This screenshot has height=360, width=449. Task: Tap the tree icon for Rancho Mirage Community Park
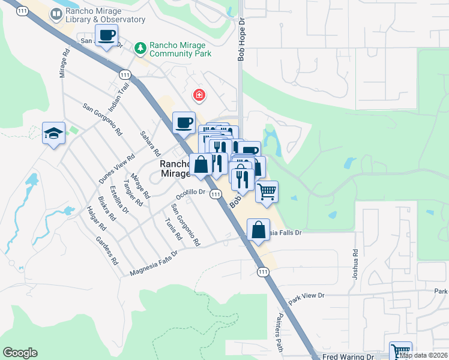tap(140, 47)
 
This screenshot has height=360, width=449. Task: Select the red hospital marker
tap(197, 95)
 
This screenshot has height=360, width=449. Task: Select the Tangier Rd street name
tap(133, 194)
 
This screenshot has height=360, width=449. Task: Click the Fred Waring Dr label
tap(348, 356)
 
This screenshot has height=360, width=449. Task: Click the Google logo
tap(20, 353)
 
